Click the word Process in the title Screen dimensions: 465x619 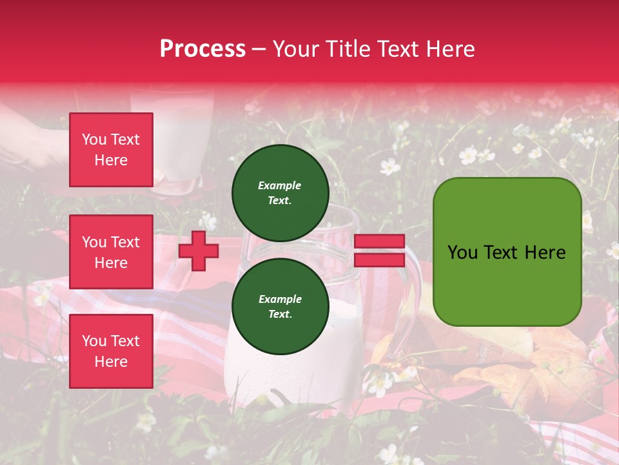coord(202,49)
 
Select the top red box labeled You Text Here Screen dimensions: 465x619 coord(111,150)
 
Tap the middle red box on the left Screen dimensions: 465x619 coord(111,252)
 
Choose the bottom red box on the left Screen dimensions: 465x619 coord(111,351)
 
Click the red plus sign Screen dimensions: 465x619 coord(199,251)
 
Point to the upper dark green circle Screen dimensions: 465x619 coord(280,192)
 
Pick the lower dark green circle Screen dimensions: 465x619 coord(280,306)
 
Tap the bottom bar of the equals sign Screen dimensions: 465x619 coord(379,260)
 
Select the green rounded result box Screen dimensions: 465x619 coord(507,252)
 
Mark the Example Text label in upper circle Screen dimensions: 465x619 coord(280,192)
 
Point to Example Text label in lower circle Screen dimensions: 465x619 coord(280,306)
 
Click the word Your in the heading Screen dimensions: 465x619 coord(297,49)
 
